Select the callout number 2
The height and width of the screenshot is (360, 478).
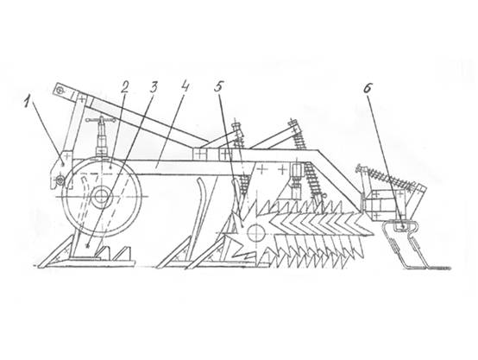coord(124,88)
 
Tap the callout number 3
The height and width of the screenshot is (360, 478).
coord(153,88)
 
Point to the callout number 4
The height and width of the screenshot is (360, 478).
coord(185,87)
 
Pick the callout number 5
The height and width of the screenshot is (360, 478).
coord(218,87)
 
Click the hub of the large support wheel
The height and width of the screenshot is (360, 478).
coord(99,197)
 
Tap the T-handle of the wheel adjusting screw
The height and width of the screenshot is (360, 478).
coord(100,121)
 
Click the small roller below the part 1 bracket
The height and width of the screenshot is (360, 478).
coord(61,182)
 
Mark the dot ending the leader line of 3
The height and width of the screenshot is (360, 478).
coord(88,245)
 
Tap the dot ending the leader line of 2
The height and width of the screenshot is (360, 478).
coord(111,167)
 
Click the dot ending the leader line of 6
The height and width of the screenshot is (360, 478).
coord(403,227)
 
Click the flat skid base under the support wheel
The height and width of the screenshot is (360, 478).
coord(88,262)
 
